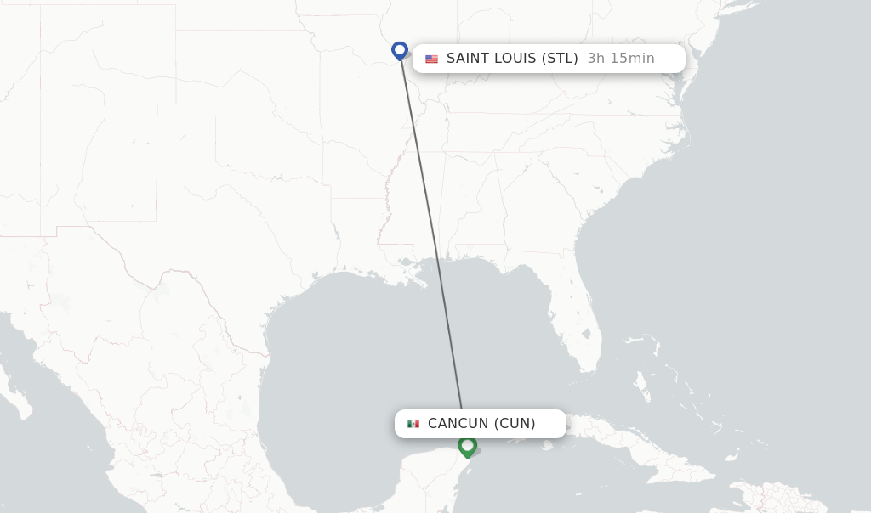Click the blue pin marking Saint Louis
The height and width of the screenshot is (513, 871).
coord(400,51)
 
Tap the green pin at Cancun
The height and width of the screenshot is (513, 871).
coord(467,445)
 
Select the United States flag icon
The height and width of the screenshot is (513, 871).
coord(432,59)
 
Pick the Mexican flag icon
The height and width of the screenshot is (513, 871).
coord(413,424)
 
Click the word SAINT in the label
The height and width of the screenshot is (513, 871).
coord(468,59)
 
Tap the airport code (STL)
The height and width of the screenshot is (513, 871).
coord(560,59)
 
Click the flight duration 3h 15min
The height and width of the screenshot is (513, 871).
coord(621,59)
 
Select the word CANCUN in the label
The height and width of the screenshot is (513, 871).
coord(458,424)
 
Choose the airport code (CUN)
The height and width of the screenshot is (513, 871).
coord(515,424)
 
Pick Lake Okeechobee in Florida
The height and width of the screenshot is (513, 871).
coord(590,331)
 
